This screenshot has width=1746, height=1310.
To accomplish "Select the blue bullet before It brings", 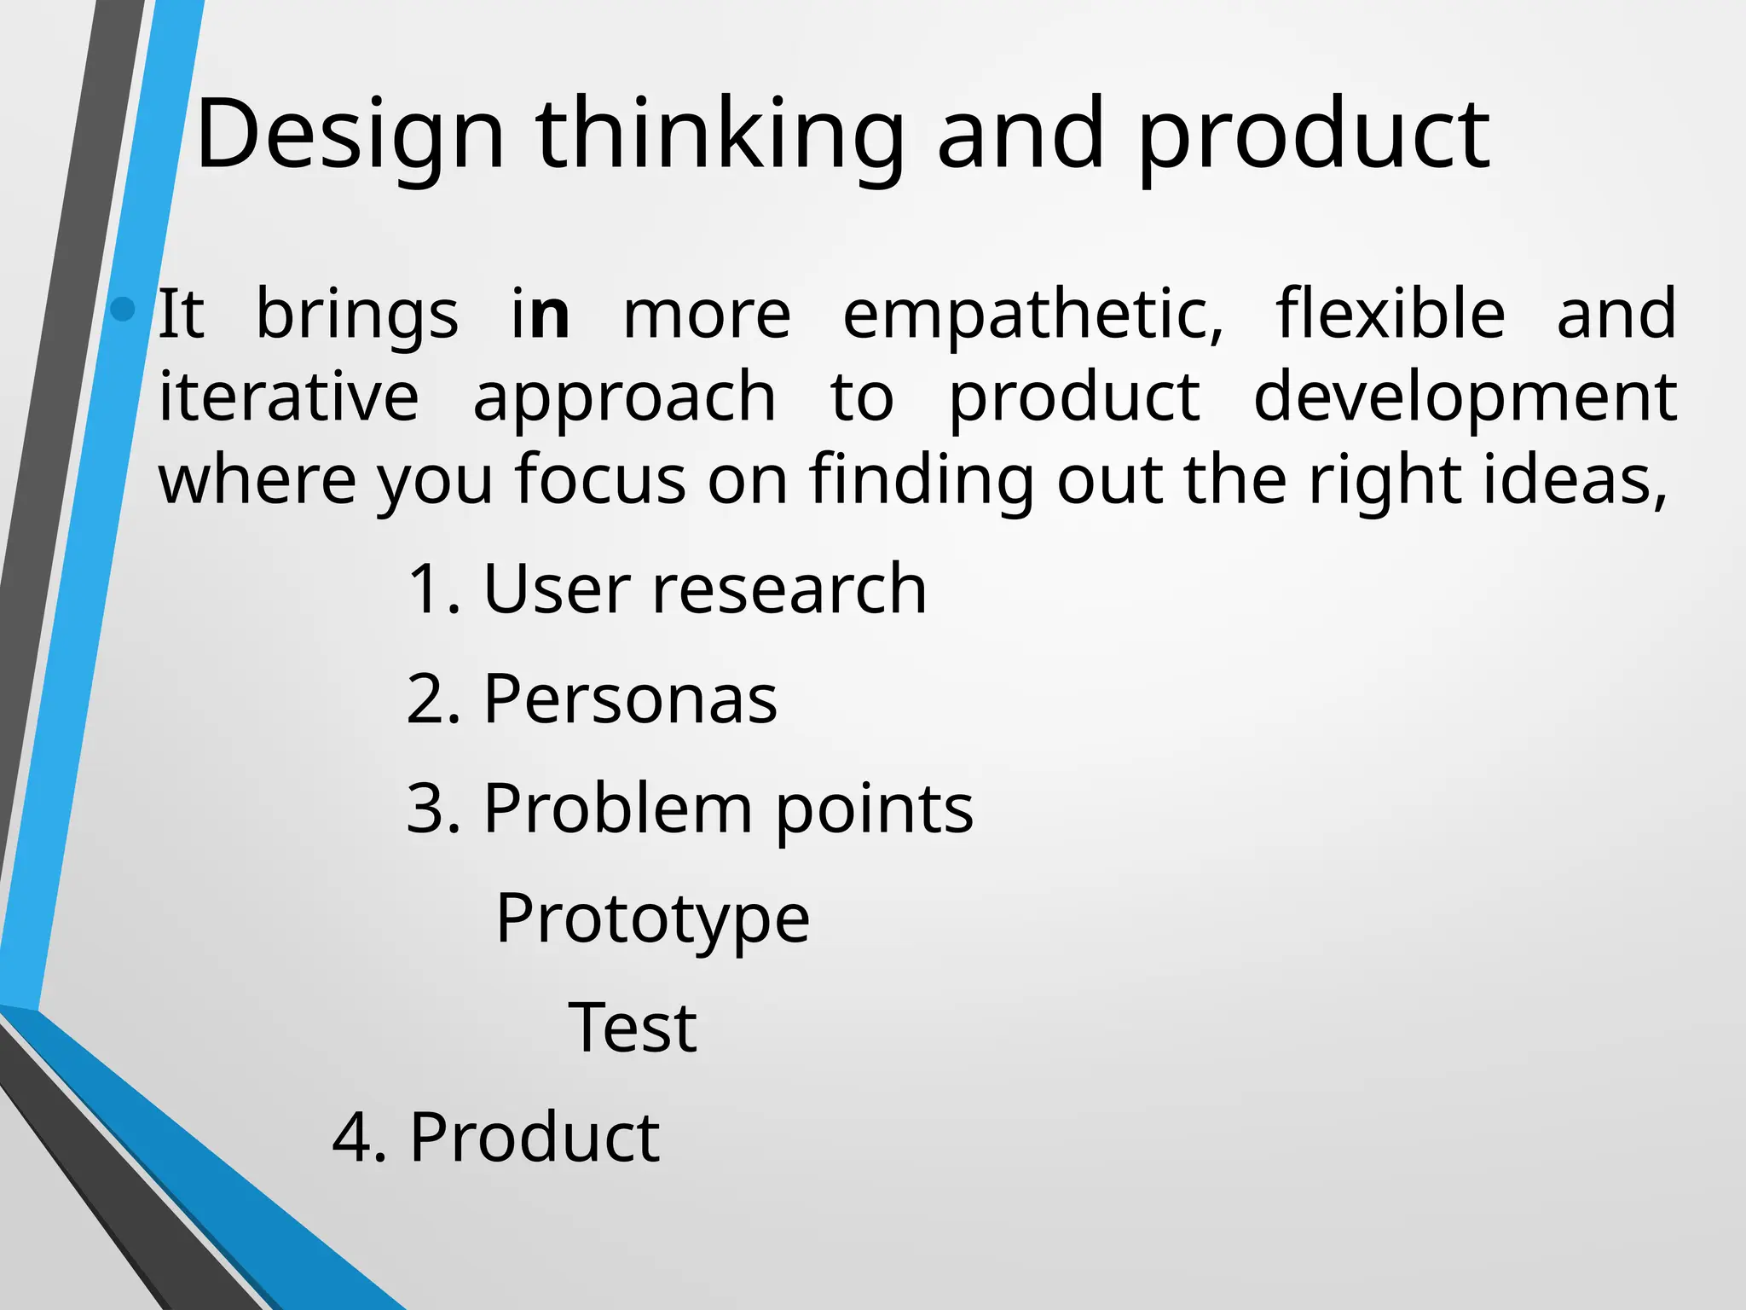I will tap(124, 309).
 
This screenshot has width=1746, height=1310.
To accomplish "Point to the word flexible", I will tap(1390, 314).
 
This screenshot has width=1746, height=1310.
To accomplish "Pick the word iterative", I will tap(289, 397).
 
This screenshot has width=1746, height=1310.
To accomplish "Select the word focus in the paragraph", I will tap(600, 479).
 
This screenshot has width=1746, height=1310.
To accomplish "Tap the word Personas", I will tap(630, 699).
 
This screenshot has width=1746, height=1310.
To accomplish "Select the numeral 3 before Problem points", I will tap(425, 809).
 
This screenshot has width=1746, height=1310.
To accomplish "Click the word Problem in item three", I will tap(617, 809).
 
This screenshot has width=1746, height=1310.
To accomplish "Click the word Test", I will tap(633, 1029).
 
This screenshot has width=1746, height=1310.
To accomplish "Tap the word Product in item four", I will tap(535, 1138).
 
